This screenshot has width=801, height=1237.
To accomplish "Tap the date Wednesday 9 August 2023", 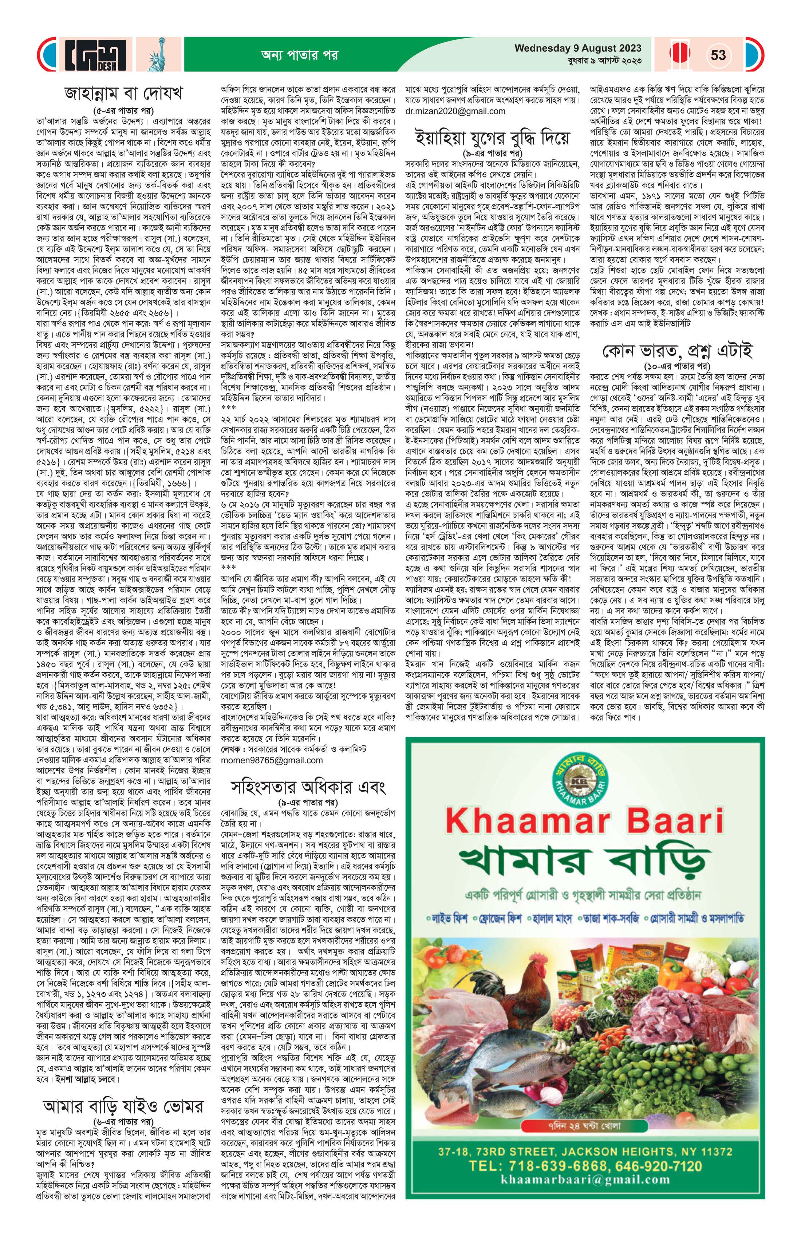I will coord(578,48).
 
